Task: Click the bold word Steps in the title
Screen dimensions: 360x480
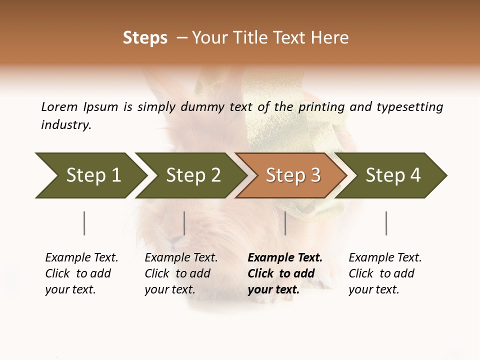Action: pyautogui.click(x=145, y=38)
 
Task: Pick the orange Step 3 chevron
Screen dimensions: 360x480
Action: pyautogui.click(x=293, y=175)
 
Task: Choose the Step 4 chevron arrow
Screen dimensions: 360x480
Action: pyautogui.click(x=393, y=175)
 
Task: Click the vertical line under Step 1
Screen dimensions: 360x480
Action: pyautogui.click(x=84, y=223)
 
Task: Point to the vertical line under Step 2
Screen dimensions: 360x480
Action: pyautogui.click(x=184, y=223)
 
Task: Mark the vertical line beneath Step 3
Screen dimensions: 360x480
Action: pyautogui.click(x=285, y=223)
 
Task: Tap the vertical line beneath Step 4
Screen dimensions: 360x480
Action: pyautogui.click(x=386, y=223)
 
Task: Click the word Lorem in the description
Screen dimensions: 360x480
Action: pyautogui.click(x=59, y=106)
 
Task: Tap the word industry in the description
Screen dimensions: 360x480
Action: pyautogui.click(x=66, y=125)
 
